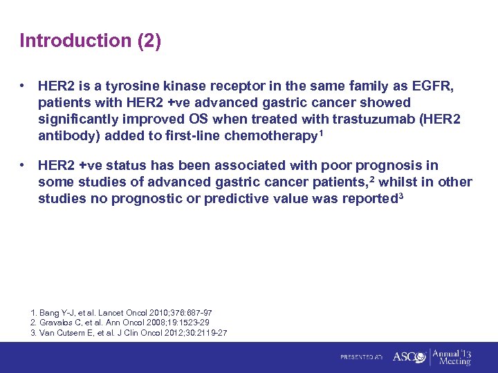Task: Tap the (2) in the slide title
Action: coord(150,41)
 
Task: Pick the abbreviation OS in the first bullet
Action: coord(199,119)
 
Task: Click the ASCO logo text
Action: coord(409,356)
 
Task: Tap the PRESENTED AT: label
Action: coord(361,357)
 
